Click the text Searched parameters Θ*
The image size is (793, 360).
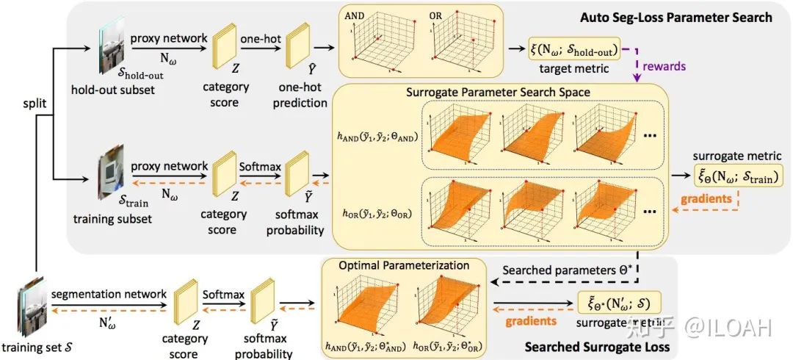click(560, 269)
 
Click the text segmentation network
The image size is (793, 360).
click(110, 294)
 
